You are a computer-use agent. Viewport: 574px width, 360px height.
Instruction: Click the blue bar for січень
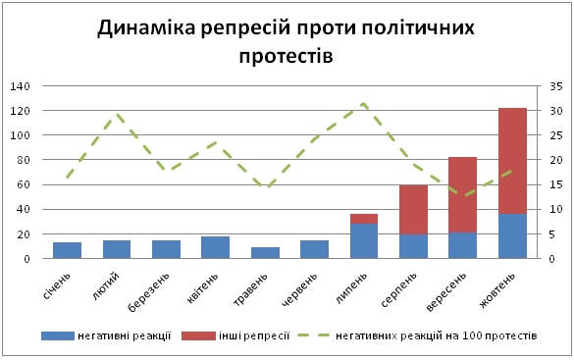click(67, 250)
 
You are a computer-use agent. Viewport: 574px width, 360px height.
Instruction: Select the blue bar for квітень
click(215, 247)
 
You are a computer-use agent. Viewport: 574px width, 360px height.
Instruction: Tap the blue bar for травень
click(265, 253)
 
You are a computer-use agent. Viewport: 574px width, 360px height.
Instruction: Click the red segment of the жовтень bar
click(512, 161)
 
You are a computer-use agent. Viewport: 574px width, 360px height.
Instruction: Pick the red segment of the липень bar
click(364, 219)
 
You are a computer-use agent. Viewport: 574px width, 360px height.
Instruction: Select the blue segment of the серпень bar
click(413, 246)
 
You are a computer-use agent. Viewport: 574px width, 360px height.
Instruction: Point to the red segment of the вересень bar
click(463, 195)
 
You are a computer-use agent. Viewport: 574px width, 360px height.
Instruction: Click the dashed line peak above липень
click(363, 104)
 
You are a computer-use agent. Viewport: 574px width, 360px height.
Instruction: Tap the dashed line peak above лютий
click(117, 114)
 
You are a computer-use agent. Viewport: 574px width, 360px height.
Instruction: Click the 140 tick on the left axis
click(20, 86)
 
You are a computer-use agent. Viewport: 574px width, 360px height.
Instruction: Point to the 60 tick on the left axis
click(23, 184)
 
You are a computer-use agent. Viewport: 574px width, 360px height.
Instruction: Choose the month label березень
click(149, 292)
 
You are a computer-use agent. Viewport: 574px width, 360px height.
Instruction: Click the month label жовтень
click(497, 290)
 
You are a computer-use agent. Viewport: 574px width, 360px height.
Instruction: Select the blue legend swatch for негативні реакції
click(58, 335)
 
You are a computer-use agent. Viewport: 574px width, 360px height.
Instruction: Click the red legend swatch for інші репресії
click(198, 335)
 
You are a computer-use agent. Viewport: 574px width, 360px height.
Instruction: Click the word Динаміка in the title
click(147, 27)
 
